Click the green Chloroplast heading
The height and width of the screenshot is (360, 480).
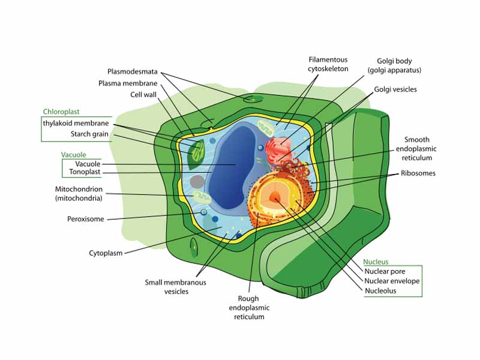(61, 112)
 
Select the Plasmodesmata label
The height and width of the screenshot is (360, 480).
(133, 71)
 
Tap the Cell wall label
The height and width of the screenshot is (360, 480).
(144, 94)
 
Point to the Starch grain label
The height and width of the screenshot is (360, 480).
(89, 134)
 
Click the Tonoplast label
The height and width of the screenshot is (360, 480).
(85, 173)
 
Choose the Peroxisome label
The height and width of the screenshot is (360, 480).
(85, 219)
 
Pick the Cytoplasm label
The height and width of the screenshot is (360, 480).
(106, 253)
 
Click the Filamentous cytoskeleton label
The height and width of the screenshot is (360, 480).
(328, 64)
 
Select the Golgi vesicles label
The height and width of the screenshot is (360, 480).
(395, 89)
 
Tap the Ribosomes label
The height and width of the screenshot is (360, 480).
(419, 173)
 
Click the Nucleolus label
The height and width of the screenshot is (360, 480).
(380, 291)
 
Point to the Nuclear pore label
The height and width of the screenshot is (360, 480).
(385, 271)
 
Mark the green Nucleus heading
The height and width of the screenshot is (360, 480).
(376, 262)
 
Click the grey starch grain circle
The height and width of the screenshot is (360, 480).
(197, 181)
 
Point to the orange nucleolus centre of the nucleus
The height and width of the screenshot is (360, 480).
(275, 197)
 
